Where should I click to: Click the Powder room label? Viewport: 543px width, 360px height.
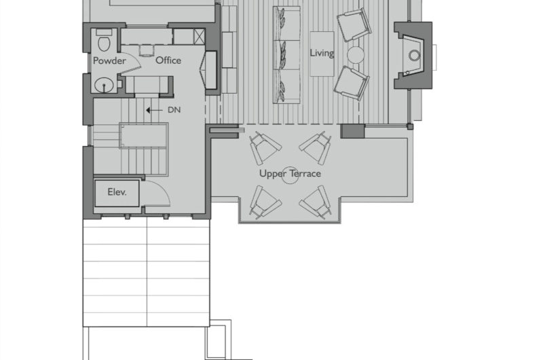click(109, 60)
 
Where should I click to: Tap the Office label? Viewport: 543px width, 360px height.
click(168, 60)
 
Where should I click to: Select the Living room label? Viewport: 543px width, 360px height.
click(322, 53)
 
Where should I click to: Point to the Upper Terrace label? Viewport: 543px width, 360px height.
click(291, 173)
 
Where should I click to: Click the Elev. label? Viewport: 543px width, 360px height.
click(117, 192)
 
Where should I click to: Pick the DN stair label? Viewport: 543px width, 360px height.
click(174, 110)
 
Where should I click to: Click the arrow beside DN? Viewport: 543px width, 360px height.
click(154, 110)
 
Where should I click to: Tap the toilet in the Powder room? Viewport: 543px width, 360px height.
click(105, 40)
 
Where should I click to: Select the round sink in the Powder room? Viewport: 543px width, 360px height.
click(105, 85)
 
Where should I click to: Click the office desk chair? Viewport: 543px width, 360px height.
click(147, 50)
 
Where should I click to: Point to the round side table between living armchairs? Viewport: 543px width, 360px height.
click(356, 55)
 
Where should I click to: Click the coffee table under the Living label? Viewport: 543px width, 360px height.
click(322, 54)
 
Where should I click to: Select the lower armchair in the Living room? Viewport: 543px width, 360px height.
click(352, 84)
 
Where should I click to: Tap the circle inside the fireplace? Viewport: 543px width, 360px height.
click(415, 55)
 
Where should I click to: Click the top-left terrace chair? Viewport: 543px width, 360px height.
click(265, 147)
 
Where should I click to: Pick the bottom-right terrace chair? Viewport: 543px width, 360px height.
click(316, 202)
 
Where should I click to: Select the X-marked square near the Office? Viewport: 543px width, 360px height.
click(200, 37)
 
